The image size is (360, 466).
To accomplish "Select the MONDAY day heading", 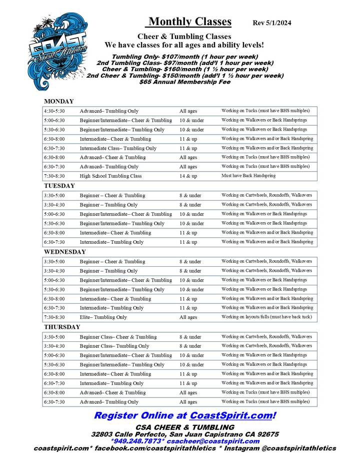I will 59,102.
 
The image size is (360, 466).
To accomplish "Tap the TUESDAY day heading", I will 59,186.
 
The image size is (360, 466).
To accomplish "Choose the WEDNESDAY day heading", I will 65,252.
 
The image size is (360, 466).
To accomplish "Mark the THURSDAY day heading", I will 62,327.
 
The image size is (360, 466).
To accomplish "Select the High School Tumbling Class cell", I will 110,176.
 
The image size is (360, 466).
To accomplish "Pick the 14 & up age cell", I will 188,176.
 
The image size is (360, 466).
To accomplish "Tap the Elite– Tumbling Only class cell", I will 103,317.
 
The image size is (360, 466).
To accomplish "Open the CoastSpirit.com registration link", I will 232,415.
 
